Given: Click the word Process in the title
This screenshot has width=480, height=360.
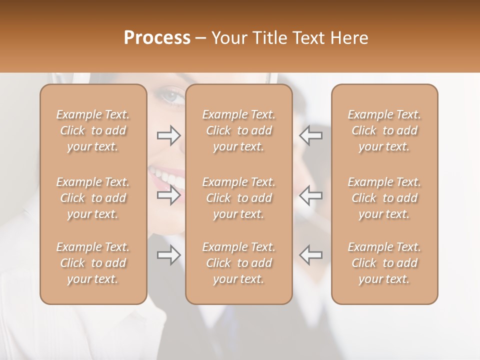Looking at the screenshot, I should [x=157, y=38].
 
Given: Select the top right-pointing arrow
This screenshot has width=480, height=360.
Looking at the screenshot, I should [x=168, y=135].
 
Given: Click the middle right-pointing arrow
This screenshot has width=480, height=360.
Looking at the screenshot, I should [x=168, y=195].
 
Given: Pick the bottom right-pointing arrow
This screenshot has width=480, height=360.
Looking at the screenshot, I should [x=168, y=255].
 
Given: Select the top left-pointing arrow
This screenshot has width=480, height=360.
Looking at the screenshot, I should [x=310, y=135].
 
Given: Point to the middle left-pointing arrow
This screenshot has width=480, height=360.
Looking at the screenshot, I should [x=310, y=195].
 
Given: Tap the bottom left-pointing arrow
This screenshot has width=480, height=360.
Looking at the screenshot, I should [x=310, y=255].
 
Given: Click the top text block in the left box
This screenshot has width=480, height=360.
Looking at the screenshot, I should [x=93, y=130].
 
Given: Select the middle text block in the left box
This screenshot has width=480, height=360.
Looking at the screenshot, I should [x=93, y=198].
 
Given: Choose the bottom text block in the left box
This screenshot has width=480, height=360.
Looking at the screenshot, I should [x=93, y=263].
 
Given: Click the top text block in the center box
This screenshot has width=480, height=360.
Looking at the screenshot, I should [x=239, y=130].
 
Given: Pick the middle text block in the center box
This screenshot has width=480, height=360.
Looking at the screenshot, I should [x=239, y=198].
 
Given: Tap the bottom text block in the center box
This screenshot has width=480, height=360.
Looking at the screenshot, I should [x=239, y=263].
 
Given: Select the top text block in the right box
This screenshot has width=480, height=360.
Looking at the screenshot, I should [x=384, y=130].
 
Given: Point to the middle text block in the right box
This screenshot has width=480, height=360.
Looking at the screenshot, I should [x=384, y=198].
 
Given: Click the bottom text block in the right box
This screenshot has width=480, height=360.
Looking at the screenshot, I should [x=384, y=263].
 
